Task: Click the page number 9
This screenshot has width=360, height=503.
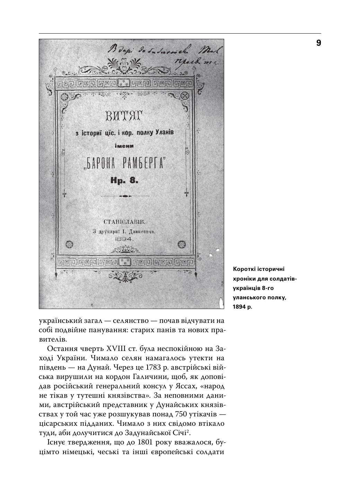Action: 318,43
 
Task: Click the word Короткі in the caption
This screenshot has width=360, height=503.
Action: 243,269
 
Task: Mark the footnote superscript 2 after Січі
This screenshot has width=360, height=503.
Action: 187,431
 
